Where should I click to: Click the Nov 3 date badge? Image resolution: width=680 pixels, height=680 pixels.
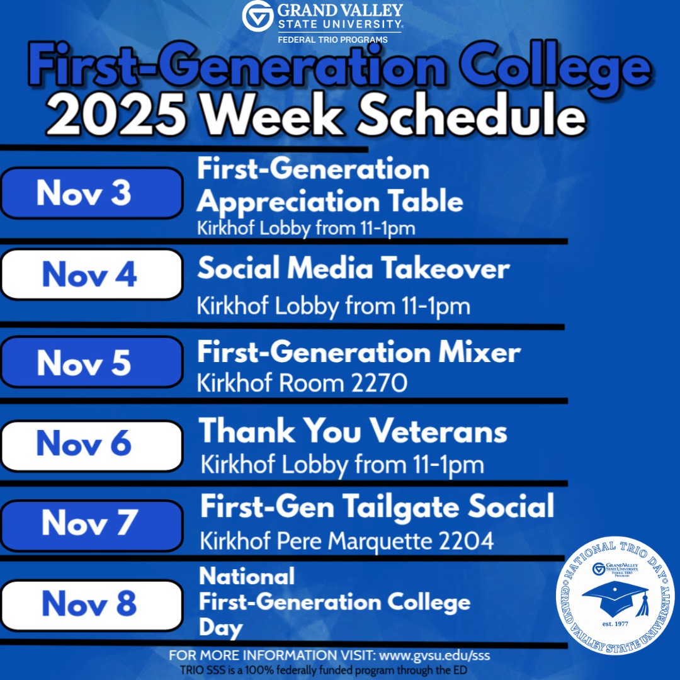(91, 193)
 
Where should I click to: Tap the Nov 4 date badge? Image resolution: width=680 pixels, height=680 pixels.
(91, 274)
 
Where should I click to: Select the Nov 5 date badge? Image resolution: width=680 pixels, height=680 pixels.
(91, 362)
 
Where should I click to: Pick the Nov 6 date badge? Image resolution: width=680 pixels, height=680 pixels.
(91, 446)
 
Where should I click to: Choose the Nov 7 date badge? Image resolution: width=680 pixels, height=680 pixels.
(91, 526)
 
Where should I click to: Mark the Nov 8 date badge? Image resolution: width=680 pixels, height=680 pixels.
(91, 606)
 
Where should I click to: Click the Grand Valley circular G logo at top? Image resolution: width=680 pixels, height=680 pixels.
(258, 16)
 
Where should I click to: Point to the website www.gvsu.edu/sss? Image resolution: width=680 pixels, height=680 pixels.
(434, 655)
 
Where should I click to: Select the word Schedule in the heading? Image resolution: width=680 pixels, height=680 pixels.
(471, 113)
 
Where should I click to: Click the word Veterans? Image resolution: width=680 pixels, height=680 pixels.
(439, 431)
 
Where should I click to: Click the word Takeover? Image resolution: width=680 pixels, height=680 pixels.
(445, 268)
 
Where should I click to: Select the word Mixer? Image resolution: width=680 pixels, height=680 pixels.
(479, 352)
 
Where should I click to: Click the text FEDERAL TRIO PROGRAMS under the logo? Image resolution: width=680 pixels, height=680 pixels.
(332, 40)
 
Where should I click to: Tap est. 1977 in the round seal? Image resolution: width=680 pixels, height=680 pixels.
(615, 624)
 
